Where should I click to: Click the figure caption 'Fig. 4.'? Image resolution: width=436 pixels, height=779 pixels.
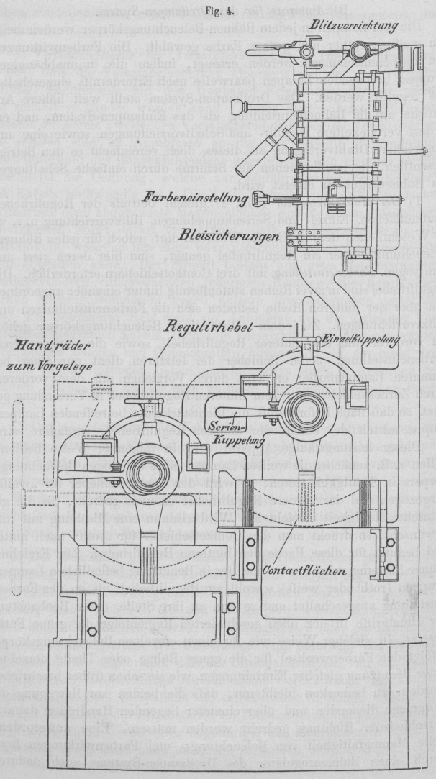[x=217, y=10]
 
